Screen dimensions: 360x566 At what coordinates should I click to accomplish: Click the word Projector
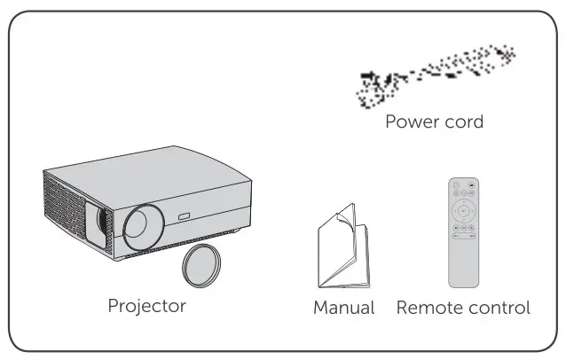146,307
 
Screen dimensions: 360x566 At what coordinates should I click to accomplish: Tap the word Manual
343,309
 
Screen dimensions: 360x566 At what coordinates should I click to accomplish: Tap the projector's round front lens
142,226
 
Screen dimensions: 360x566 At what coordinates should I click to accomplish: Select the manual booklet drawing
342,248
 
